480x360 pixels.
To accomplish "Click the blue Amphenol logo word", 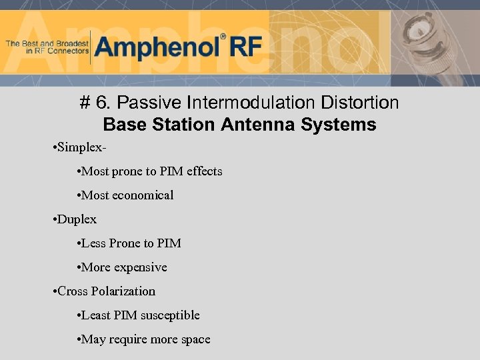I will point(157,47).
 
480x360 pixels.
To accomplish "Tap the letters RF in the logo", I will point(245,47).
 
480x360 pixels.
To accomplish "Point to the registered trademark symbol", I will point(223,37).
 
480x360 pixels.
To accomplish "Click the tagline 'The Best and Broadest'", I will point(47,43).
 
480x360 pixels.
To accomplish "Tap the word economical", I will point(143,195).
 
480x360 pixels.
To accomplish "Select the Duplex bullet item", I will point(77,219).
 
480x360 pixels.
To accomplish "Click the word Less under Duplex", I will point(93,243).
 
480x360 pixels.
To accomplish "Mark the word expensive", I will point(141,267).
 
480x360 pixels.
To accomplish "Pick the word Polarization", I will point(123,291).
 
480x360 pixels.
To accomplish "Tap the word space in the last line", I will point(195,339).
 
